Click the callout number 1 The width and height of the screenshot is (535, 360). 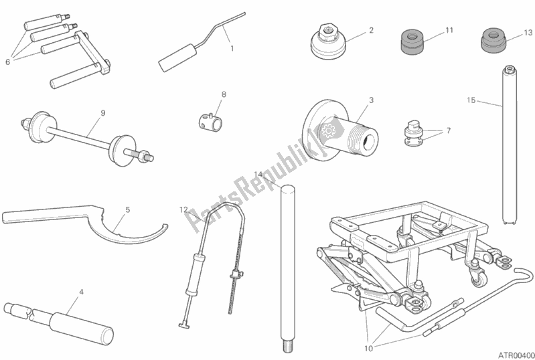pos(232,48)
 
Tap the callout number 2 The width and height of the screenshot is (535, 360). pos(371,30)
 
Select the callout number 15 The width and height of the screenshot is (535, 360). pos(471,100)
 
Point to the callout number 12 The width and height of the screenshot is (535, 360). pos(184,209)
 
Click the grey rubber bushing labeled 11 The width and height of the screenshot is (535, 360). pos(415,42)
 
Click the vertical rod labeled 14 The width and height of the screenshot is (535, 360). pos(288,268)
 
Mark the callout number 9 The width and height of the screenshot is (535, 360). pos(102,113)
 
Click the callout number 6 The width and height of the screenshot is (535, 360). pos(8,62)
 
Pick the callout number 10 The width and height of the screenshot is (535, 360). pos(368,349)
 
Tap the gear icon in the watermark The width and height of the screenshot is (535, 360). pos(329,130)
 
